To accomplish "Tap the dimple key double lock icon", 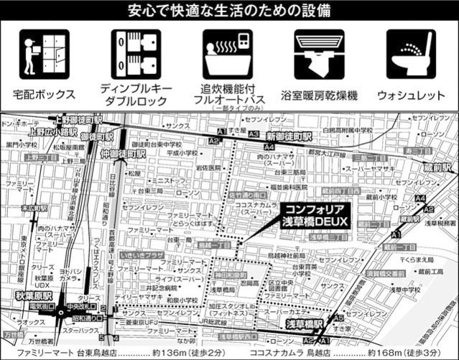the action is (134, 54).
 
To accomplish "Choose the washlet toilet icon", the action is (410, 54).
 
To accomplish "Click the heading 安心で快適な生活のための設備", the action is (230, 11).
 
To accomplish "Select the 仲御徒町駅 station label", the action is (123, 153).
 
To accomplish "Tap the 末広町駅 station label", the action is (33, 208).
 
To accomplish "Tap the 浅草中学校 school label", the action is (406, 290).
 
